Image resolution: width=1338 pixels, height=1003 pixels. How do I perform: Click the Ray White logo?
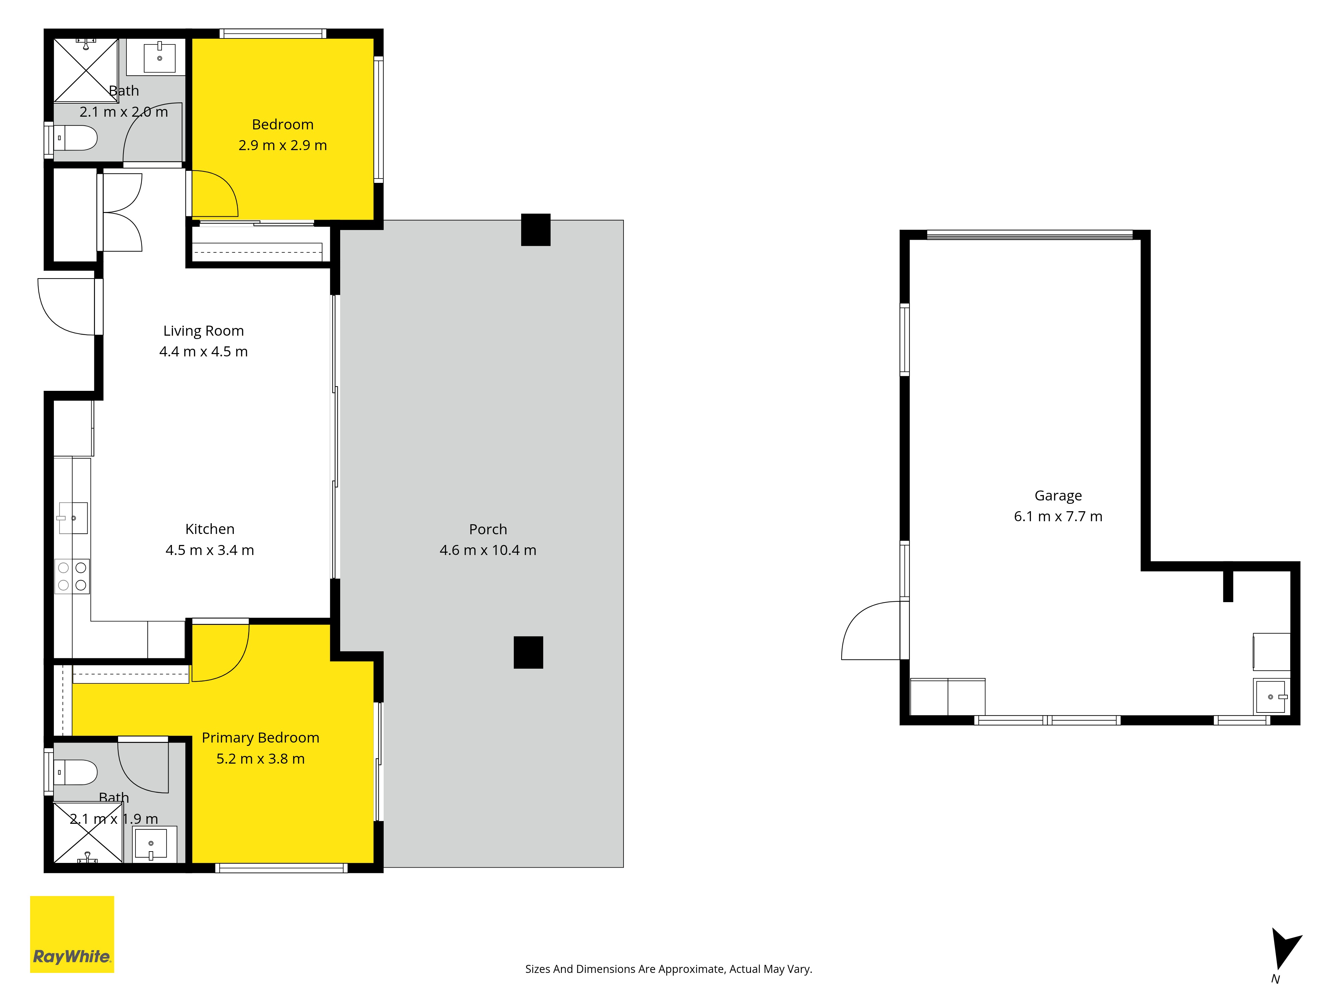point(72,934)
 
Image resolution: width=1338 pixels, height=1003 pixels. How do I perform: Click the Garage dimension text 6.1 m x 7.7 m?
point(1058,516)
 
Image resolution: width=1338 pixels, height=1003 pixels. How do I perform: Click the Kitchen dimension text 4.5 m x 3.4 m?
point(210,550)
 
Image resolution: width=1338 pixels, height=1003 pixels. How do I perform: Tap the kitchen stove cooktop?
point(72,576)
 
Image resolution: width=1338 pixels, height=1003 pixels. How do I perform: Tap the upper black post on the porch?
point(536,230)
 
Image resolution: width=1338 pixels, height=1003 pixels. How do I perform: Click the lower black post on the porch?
point(528,652)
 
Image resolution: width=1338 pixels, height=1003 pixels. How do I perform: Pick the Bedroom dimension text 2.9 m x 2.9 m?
point(282,145)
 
